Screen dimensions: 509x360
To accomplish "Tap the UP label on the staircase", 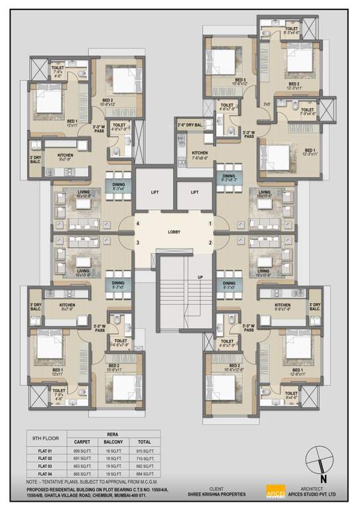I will (x=198, y=277).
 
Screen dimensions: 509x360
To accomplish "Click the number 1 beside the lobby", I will (x=210, y=224).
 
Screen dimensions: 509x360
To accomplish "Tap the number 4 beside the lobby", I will (x=138, y=224).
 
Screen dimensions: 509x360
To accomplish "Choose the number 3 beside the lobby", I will (x=138, y=243).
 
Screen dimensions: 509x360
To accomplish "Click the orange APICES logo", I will (x=274, y=492).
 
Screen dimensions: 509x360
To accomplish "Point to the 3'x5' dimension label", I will (x=267, y=104).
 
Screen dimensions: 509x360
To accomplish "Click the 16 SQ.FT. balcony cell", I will (x=115, y=450).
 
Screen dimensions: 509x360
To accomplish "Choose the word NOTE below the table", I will (x=33, y=481).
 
